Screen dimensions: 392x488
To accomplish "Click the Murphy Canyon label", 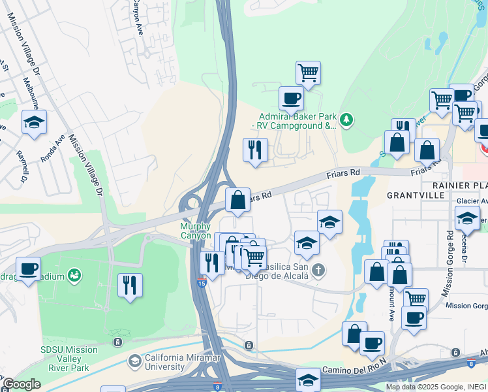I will [x=196, y=231].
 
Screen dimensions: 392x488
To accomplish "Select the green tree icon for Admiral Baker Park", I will [x=346, y=120].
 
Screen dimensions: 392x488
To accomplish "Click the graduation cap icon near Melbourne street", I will [x=34, y=122].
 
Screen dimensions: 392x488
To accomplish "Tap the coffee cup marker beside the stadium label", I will [x=28, y=269].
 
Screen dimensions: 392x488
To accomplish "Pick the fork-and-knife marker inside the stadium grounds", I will [x=130, y=286].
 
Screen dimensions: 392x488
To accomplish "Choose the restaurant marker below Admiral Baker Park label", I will [x=255, y=150].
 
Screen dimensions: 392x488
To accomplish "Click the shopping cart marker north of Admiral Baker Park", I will [x=307, y=73].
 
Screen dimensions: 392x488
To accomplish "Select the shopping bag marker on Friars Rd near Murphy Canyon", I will [x=238, y=200].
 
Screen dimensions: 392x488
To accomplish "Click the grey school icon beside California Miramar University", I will [x=134, y=361].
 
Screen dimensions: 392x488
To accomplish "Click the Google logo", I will [x=21, y=384].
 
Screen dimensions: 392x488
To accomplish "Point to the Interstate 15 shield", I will [x=202, y=283].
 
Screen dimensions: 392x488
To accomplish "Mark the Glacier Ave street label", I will [x=472, y=201].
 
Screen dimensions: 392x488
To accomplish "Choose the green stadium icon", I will [x=76, y=276].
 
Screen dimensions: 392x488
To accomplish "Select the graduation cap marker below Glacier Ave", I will [x=466, y=219].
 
